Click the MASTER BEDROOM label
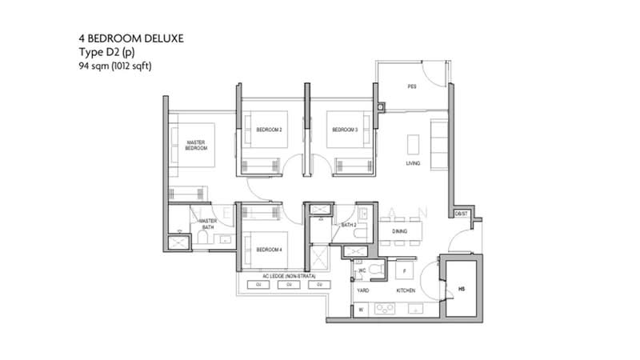click(x=196, y=146)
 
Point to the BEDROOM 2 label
click(x=269, y=130)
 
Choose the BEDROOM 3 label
click(x=344, y=130)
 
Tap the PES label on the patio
click(x=411, y=86)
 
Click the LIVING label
click(x=413, y=163)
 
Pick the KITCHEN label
click(x=405, y=290)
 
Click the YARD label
click(x=362, y=290)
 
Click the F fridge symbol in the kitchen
click(x=404, y=271)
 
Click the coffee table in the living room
click(x=413, y=144)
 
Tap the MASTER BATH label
click(x=208, y=224)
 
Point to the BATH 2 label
click(x=348, y=226)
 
